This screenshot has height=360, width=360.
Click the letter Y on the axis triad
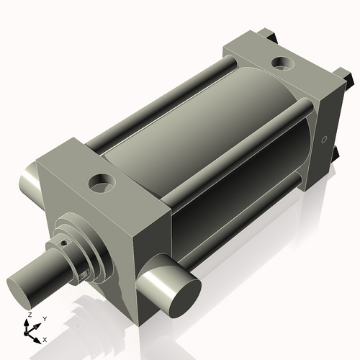[44, 318]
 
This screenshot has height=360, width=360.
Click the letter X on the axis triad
[45, 338]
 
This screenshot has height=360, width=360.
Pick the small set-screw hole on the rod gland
[63, 243]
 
